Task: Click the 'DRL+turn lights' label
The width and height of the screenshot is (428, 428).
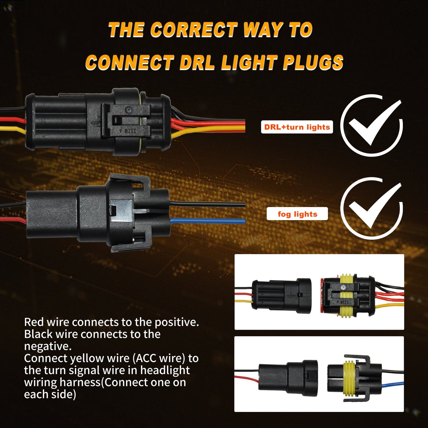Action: coord(297,127)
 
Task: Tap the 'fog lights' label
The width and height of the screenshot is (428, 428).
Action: coord(297,214)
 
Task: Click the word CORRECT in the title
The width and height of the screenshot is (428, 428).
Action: coord(194,30)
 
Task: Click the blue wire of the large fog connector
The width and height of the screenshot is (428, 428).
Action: coord(207,221)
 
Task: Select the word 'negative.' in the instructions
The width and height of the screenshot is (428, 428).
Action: coord(48,346)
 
